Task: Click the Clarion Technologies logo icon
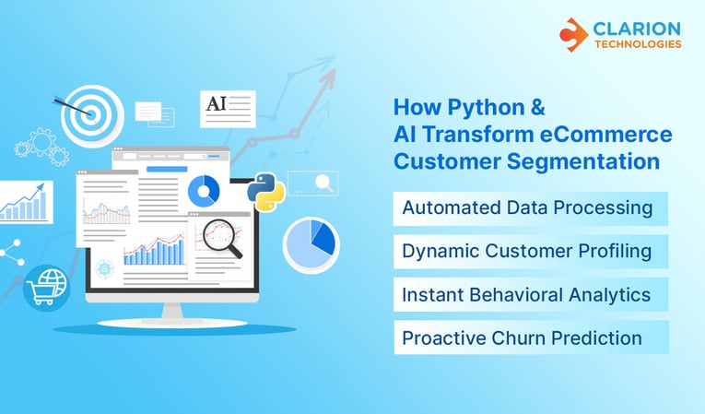point(573,34)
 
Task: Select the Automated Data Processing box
point(527,208)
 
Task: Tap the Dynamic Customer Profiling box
point(527,251)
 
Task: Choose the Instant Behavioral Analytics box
point(527,295)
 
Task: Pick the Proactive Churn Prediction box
point(523,338)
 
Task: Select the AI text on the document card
point(217,103)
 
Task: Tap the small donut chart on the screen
point(203,191)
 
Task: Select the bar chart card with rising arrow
point(25,202)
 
